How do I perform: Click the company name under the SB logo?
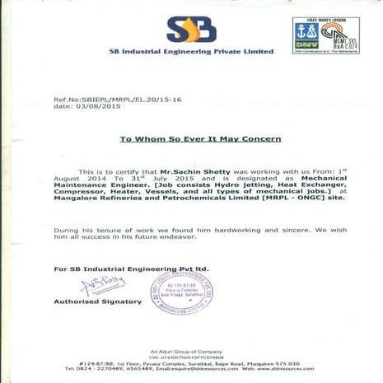pyautogui.click(x=191, y=52)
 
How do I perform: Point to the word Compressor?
pyautogui.click(x=81, y=192)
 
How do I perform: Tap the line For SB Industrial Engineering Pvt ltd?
pyautogui.click(x=131, y=269)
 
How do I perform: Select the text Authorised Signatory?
pyautogui.click(x=98, y=302)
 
